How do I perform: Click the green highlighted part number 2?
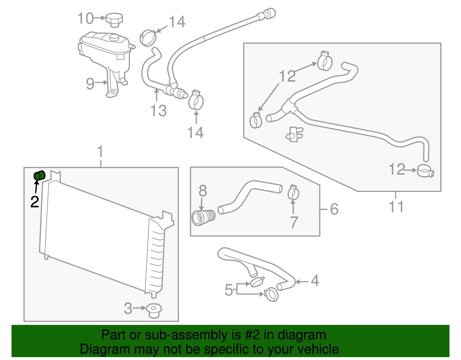coord(39,175)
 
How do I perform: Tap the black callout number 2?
coord(35,202)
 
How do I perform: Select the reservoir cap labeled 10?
coord(114,20)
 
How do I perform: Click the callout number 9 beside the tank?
coord(90,84)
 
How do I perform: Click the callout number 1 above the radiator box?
coord(100,152)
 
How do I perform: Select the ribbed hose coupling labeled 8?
coord(203,218)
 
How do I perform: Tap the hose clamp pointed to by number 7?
coord(293,193)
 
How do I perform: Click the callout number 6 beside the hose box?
coord(334,209)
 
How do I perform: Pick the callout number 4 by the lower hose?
coord(315,280)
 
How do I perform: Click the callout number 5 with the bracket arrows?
coord(228,290)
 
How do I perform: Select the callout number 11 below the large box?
coord(396,207)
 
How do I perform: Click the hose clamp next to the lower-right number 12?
coord(425,171)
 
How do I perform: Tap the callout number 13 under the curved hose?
coord(158,111)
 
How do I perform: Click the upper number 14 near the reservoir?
coord(177,22)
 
